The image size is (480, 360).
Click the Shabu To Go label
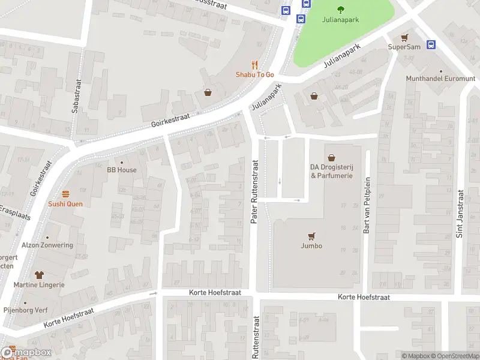coord(254,74)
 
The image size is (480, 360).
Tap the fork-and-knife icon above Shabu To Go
coord(254,65)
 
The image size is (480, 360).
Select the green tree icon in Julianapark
coord(341,9)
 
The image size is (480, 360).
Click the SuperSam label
coord(403,46)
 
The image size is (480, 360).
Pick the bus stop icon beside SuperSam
coord(431,44)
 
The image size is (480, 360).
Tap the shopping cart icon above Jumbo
coord(311,236)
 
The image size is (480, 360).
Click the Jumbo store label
coord(311,246)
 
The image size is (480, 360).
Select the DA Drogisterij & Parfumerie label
coord(331,171)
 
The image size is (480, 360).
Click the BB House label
coord(122,170)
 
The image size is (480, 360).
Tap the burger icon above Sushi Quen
coord(65,194)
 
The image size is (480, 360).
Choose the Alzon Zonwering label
coord(47,245)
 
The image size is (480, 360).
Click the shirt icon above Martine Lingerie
coord(40,275)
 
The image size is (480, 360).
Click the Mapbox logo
coord(26,352)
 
